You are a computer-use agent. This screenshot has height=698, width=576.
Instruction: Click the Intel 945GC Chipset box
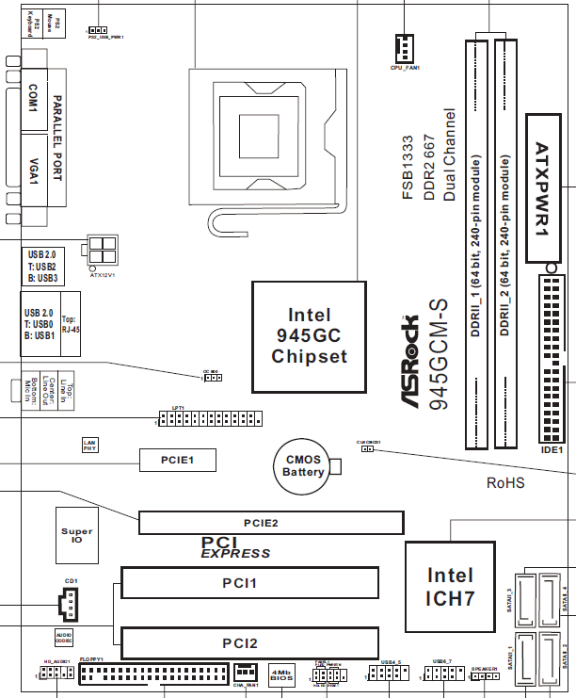(x=310, y=335)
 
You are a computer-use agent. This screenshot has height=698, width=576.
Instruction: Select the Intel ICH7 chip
(x=451, y=586)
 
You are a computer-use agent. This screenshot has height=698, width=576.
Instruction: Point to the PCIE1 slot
(x=178, y=460)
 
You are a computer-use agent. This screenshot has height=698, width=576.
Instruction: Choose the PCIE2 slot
(x=271, y=522)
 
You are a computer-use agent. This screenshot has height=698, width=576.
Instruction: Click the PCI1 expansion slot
(x=249, y=583)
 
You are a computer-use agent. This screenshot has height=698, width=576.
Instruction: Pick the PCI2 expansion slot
(x=249, y=643)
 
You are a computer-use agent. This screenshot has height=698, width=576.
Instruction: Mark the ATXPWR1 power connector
(x=549, y=188)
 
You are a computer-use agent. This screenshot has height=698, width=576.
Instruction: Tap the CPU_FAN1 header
(x=405, y=47)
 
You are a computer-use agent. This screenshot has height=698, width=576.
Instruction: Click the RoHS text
(x=505, y=483)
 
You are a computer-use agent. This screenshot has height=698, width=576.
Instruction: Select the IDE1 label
(x=552, y=450)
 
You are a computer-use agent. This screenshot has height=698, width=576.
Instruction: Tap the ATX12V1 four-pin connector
(x=102, y=252)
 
